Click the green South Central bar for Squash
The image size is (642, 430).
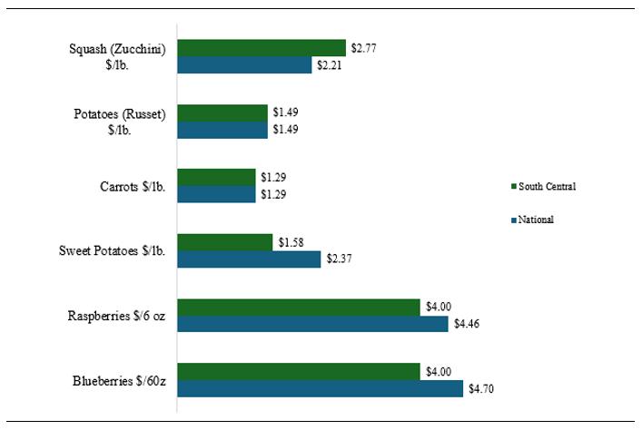(x=262, y=48)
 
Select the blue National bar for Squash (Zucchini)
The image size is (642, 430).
(x=244, y=65)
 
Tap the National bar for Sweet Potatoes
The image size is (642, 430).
(x=249, y=259)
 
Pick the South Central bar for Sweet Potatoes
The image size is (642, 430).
(x=225, y=242)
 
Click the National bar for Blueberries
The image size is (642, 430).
(x=321, y=388)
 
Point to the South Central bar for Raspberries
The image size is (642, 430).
(x=299, y=308)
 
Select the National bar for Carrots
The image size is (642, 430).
(x=217, y=194)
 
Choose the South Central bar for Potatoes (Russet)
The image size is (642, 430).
(x=222, y=112)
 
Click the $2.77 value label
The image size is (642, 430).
(x=363, y=48)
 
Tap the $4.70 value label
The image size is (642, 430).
(x=481, y=388)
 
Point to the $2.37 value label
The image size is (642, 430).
(x=339, y=259)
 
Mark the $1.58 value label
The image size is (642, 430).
(x=291, y=242)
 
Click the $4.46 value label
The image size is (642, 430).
(x=467, y=324)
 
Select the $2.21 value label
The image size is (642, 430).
(x=330, y=65)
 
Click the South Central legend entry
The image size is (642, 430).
(x=543, y=187)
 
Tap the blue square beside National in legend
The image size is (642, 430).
(x=514, y=220)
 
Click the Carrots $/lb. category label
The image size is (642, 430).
(x=133, y=187)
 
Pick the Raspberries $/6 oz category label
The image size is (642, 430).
(x=116, y=316)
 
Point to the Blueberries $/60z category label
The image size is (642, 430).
(x=119, y=381)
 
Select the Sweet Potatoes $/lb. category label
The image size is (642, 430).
(x=113, y=250)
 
